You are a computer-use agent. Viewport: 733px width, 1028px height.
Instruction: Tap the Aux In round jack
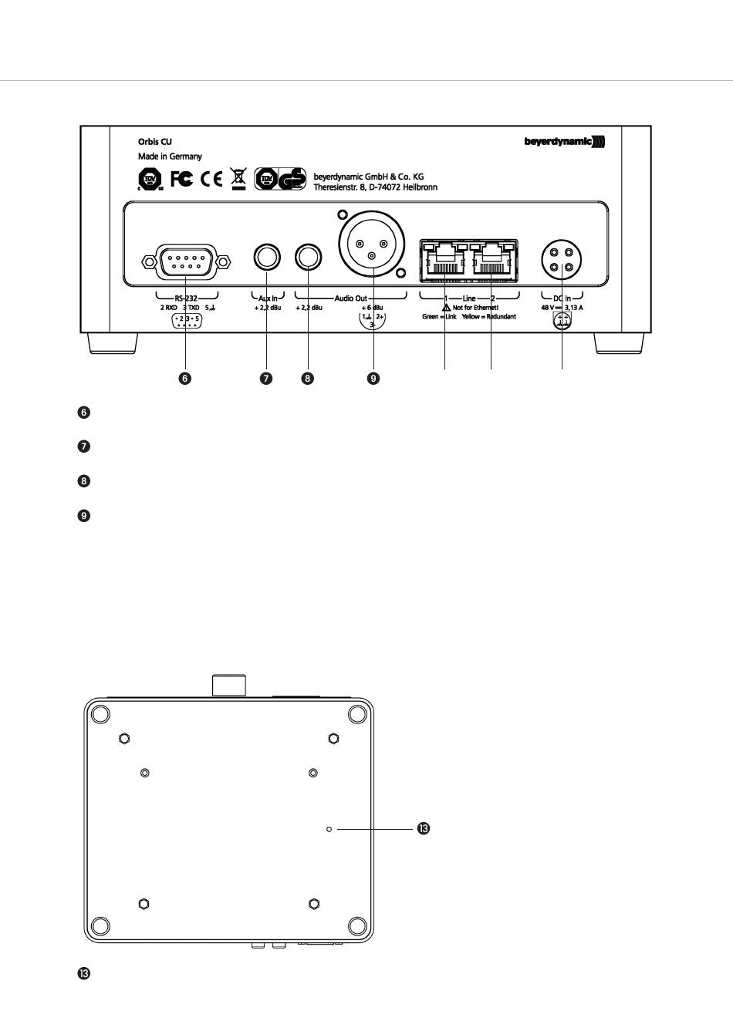266,257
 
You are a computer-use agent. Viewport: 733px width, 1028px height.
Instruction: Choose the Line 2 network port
491,258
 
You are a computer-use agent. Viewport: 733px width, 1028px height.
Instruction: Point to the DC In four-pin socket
561,259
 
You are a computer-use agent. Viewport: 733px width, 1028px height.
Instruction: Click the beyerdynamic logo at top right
565,142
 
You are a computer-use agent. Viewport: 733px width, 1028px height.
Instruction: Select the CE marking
211,180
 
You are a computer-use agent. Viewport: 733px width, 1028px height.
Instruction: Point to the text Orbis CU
155,143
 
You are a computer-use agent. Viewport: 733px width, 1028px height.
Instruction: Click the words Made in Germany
170,157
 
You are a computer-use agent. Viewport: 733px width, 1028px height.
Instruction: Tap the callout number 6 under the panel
185,379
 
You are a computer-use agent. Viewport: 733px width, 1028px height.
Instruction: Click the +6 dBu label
373,307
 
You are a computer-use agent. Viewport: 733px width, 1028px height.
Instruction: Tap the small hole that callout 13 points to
329,829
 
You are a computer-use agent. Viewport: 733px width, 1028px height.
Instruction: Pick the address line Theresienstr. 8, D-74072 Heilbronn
375,187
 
